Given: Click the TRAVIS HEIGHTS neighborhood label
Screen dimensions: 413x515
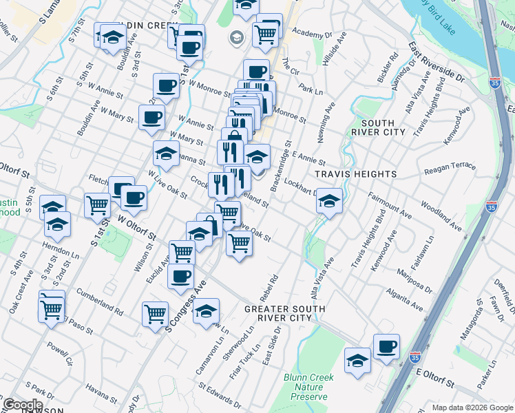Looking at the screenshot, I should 356,174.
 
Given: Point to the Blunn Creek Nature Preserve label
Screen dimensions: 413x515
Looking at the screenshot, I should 308,388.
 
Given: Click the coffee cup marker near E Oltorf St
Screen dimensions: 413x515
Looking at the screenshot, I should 386,346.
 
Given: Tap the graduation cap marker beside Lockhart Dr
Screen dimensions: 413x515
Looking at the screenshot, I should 330,200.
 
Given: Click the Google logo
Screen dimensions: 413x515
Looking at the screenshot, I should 23,405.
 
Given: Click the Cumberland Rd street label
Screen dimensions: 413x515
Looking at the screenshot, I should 99,302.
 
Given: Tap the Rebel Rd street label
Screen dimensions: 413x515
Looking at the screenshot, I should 268,289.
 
